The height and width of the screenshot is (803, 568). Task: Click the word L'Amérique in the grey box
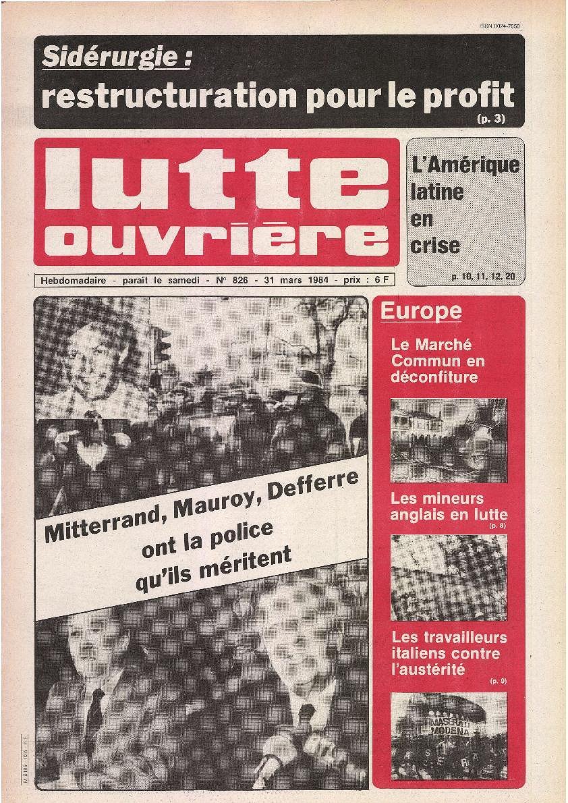click(x=465, y=165)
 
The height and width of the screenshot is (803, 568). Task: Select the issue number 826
click(x=250, y=279)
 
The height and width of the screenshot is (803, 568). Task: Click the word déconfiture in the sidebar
click(x=434, y=377)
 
